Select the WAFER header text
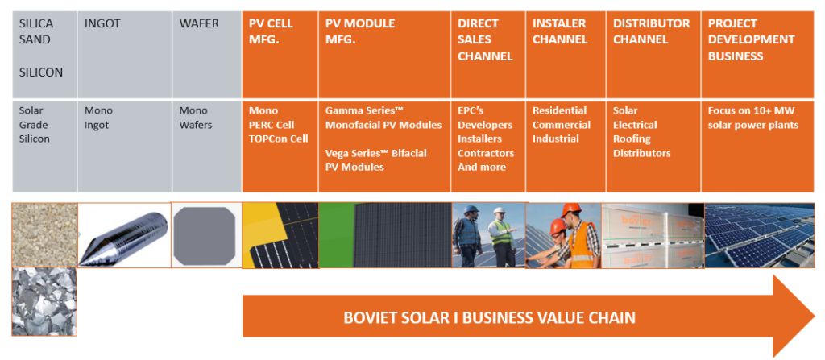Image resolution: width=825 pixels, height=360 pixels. pos(199,24)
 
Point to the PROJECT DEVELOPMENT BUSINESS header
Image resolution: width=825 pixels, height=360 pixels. pos(751,39)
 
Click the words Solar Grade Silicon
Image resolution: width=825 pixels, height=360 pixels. pos(35,125)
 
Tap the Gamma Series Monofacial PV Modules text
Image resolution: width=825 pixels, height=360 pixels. pos(383,118)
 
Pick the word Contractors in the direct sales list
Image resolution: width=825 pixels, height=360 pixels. pos(485,153)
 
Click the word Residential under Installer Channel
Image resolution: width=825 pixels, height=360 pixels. pos(559,110)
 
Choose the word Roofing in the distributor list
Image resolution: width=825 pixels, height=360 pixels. pos(631,139)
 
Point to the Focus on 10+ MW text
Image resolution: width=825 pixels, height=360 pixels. pos(747,110)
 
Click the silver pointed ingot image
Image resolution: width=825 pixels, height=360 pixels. pos(124,234)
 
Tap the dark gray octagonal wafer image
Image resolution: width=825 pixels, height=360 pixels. pos(206,234)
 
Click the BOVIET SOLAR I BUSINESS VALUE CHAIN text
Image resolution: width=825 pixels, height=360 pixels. pos(489,317)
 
